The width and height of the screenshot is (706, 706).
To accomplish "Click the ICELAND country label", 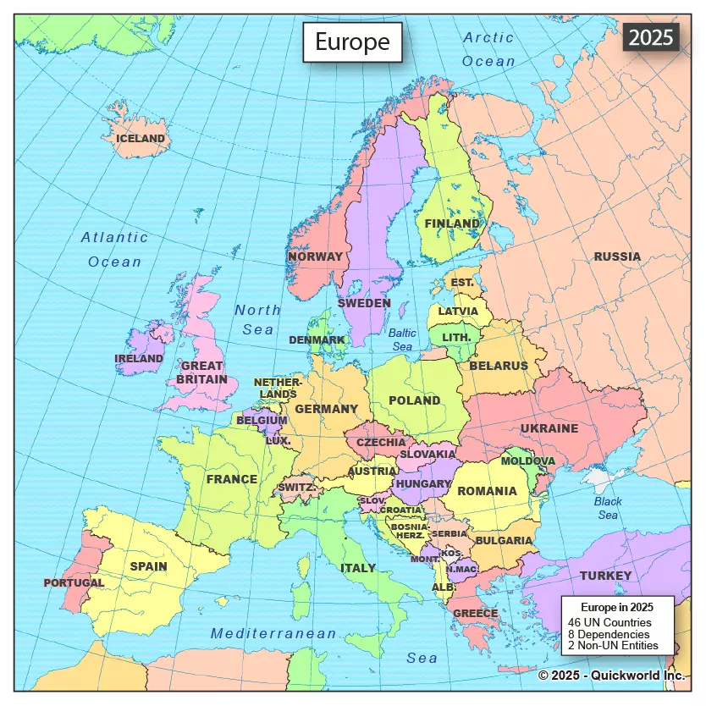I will (x=141, y=138).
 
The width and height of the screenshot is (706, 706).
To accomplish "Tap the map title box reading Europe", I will (x=352, y=41).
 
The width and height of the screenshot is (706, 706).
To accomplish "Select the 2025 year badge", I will (x=650, y=37).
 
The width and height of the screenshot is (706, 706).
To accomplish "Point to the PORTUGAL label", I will (x=74, y=582).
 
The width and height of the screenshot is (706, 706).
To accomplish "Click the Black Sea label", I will (x=607, y=508).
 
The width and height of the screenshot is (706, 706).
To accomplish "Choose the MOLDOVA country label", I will (x=528, y=461).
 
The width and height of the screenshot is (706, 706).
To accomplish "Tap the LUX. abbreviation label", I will (x=279, y=441).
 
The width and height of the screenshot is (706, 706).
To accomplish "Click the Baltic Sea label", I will (x=403, y=339).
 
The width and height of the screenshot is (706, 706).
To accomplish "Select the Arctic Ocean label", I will (x=488, y=49).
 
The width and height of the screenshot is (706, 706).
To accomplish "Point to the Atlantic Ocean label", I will (x=115, y=250).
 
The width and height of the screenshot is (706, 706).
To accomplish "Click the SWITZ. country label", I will (x=296, y=488).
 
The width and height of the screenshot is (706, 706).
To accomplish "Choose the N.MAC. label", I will (x=461, y=569).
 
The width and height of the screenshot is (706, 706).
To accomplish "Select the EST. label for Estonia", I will (x=462, y=282).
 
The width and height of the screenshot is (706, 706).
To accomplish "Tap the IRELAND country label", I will (x=139, y=359).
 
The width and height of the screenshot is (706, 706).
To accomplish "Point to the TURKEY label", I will (x=605, y=576).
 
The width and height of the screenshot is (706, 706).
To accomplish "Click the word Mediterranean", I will (x=273, y=633).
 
